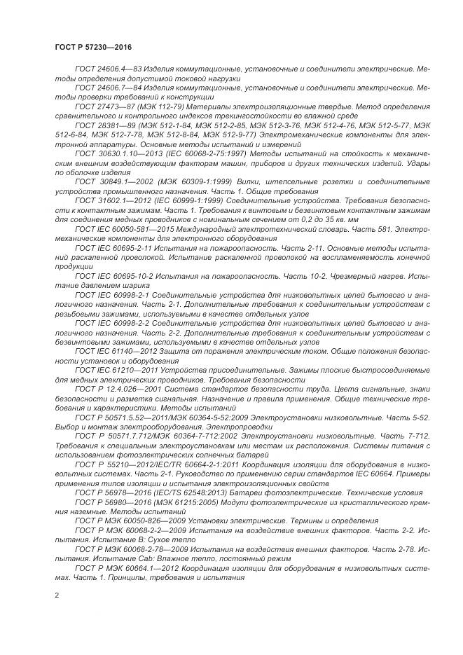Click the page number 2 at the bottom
coord(57,595)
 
